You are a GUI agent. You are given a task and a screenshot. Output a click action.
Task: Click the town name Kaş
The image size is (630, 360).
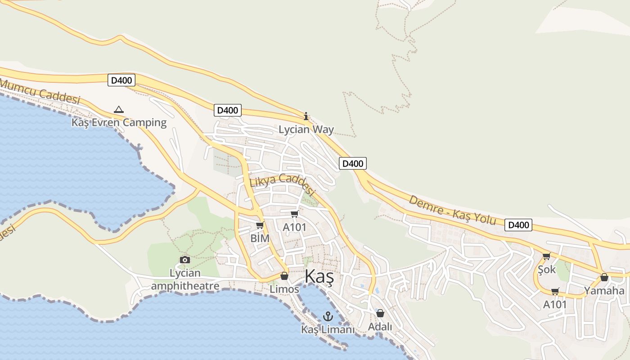pyautogui.click(x=319, y=277)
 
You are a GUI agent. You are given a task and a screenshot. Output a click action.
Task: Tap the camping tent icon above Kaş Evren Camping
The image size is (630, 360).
pyautogui.click(x=118, y=109)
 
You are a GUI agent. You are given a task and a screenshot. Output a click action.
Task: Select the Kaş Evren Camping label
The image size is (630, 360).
pyautogui.click(x=119, y=122)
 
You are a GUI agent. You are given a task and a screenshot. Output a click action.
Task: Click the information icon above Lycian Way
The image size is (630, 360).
pyautogui.click(x=306, y=117)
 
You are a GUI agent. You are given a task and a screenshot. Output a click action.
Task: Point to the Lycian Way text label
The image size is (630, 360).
pyautogui.click(x=306, y=130)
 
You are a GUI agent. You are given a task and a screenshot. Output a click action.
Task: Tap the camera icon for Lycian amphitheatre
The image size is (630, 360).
pyautogui.click(x=184, y=260)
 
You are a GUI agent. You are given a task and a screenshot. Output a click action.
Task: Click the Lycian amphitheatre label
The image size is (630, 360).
pyautogui.click(x=185, y=279)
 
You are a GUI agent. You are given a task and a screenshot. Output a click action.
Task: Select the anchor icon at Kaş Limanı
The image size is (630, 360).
pyautogui.click(x=328, y=316)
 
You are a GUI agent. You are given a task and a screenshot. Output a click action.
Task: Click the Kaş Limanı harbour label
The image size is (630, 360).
pyautogui.click(x=328, y=330)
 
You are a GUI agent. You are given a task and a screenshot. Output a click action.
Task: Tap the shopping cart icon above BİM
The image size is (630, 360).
pyautogui.click(x=260, y=225)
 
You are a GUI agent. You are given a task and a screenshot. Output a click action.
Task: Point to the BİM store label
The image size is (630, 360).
pyautogui.click(x=260, y=238)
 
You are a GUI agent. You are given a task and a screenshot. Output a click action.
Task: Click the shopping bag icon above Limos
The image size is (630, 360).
pyautogui.click(x=284, y=276)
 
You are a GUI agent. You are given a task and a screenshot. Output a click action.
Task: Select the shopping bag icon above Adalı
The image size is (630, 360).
pyautogui.click(x=380, y=313)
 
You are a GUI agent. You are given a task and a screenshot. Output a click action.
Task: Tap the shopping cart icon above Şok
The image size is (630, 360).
pyautogui.click(x=546, y=256)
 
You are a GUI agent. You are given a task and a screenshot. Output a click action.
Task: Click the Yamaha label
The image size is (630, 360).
pyautogui.click(x=604, y=291)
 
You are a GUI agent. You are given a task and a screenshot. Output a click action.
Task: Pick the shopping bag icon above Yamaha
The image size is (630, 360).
pyautogui.click(x=604, y=277)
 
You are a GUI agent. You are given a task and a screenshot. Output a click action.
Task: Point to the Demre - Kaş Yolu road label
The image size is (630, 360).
pyautogui.click(x=452, y=210)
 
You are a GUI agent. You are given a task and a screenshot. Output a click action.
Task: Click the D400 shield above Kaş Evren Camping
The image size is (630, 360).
pyautogui.click(x=121, y=81)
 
